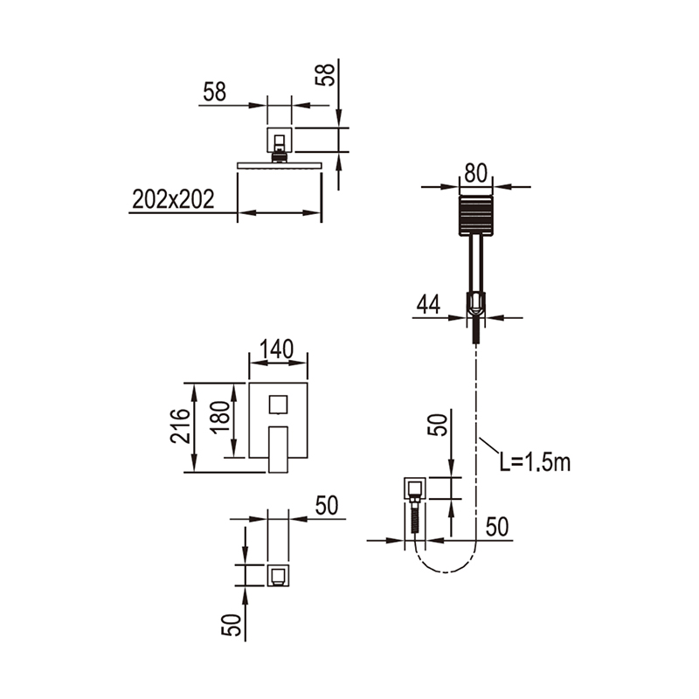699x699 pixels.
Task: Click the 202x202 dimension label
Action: pos(173,199)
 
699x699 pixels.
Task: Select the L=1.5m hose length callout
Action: pos(535,462)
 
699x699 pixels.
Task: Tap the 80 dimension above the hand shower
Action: pos(475,173)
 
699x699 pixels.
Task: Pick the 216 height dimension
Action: pos(180,426)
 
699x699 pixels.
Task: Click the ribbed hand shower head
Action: pos(476,215)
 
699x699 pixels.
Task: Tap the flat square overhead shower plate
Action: pos(280,165)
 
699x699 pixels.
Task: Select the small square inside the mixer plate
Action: pos(278,405)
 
